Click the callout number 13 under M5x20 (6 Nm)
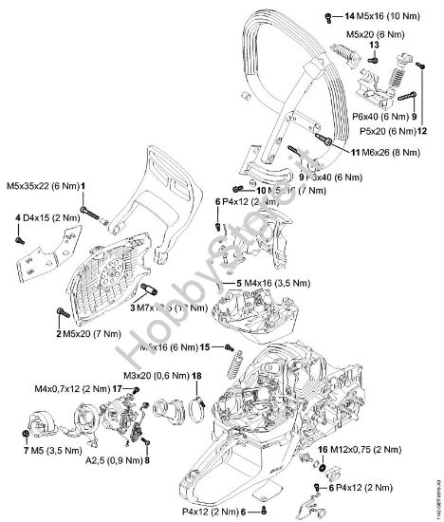(373, 45)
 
